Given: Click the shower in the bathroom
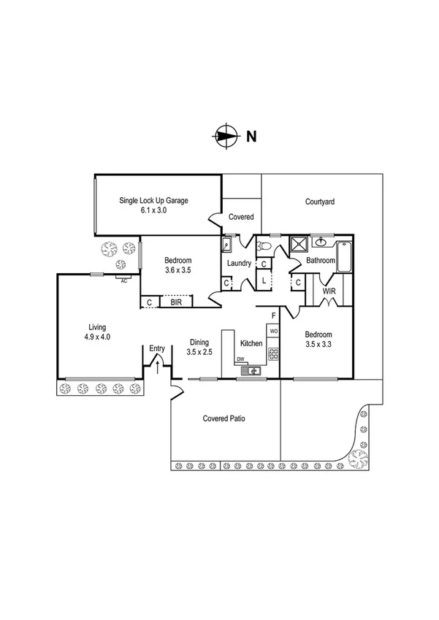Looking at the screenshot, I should (299, 244).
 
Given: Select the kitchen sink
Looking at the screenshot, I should (253, 371).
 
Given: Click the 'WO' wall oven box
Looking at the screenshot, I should (273, 332).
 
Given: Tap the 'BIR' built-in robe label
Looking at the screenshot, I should (175, 301).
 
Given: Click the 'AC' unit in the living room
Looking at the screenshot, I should (123, 280).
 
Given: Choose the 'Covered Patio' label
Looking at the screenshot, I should (224, 419).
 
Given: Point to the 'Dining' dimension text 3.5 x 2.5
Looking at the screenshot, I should (200, 352).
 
